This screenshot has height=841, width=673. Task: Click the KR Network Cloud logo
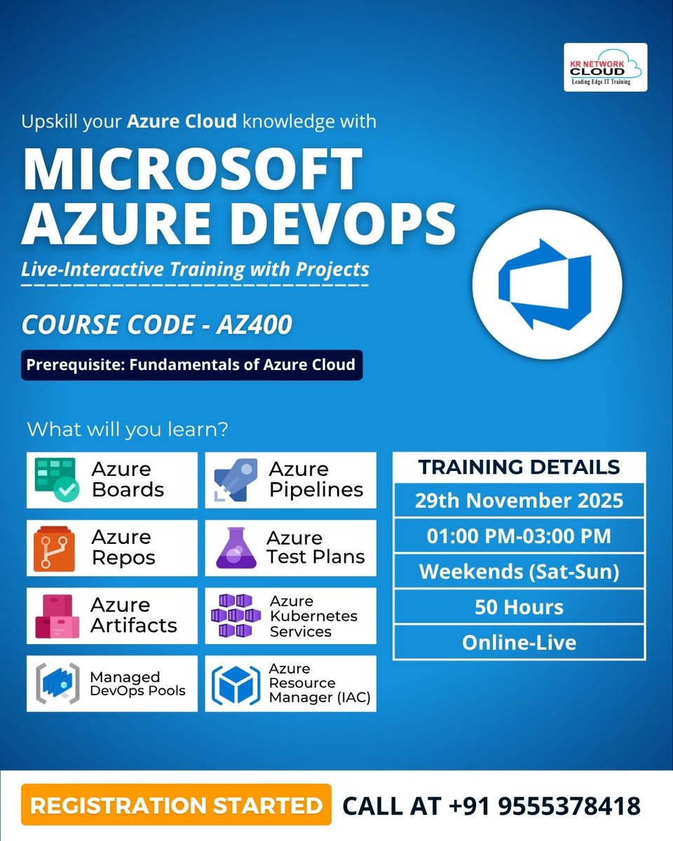pyautogui.click(x=606, y=67)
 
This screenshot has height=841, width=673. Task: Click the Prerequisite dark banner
pyautogui.click(x=191, y=365)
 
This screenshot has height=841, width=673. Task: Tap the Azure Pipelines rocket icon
pyautogui.click(x=232, y=480)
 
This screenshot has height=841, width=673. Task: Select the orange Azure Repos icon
pyautogui.click(x=53, y=548)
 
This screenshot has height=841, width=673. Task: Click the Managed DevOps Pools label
pyautogui.click(x=137, y=684)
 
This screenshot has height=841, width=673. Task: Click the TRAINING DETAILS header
pyautogui.click(x=519, y=467)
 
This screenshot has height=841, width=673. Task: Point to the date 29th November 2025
pyautogui.click(x=519, y=501)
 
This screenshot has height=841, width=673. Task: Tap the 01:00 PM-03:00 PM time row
pyautogui.click(x=519, y=536)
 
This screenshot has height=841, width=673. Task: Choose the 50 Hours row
pyautogui.click(x=519, y=607)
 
